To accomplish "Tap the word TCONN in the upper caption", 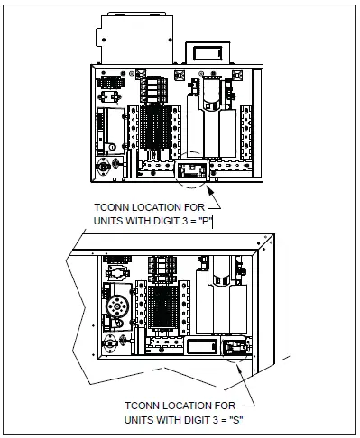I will point(115,208).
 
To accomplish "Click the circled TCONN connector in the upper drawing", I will point(195,169).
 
